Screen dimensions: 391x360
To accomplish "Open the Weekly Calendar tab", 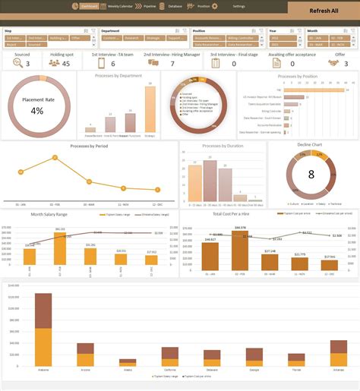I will point(122,5).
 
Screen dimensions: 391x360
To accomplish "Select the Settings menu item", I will point(238,5).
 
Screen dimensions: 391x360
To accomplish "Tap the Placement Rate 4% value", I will point(37,111).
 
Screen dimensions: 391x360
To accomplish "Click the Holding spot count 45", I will point(66,63).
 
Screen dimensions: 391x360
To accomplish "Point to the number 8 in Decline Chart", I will point(311,174).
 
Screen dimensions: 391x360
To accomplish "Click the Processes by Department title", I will point(119,76).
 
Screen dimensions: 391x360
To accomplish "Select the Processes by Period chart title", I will point(88,145).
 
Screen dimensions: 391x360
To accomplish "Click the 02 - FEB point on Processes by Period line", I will point(55,158).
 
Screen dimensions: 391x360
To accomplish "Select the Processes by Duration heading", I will point(223,145).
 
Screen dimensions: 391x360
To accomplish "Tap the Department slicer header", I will point(111,31).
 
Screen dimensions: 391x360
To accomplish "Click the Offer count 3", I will point(340,63).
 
